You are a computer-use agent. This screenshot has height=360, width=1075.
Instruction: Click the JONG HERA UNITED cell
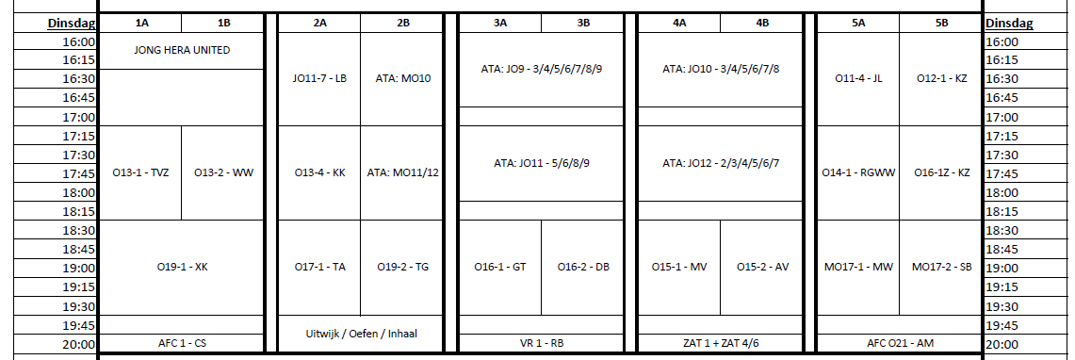[182, 51]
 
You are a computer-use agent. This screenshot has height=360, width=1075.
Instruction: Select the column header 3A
[499, 23]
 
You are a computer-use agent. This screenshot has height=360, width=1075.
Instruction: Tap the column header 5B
[941, 23]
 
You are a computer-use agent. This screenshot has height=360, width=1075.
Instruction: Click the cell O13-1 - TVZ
[140, 172]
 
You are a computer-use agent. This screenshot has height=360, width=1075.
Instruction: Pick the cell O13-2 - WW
[222, 172]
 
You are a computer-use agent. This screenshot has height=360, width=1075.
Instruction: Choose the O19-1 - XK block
[182, 268]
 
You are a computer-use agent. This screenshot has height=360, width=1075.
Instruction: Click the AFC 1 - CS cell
[182, 343]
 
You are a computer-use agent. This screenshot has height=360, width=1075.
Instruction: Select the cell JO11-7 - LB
[320, 79]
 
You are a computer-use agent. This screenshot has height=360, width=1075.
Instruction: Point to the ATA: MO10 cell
[402, 79]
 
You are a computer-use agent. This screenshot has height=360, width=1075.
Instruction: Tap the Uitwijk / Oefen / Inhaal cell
[361, 334]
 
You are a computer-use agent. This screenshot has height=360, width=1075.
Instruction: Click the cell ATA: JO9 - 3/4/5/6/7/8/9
[541, 69]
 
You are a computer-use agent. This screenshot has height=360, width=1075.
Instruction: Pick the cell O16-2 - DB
[583, 268]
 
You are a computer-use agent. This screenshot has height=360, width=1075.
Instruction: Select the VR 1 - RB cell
[541, 343]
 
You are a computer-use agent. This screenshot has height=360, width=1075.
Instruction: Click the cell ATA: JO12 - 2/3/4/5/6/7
[721, 163]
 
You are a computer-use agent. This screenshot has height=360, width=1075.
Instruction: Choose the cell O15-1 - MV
[678, 268]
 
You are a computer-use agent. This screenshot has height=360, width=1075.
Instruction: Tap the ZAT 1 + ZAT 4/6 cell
[721, 343]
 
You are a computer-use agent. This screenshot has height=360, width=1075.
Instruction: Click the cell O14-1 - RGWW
[858, 172]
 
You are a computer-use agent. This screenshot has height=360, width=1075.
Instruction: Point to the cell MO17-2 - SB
[941, 268]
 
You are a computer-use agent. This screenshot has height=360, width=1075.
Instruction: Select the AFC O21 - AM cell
[900, 343]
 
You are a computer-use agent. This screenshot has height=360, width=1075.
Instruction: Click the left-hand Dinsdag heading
[72, 24]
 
